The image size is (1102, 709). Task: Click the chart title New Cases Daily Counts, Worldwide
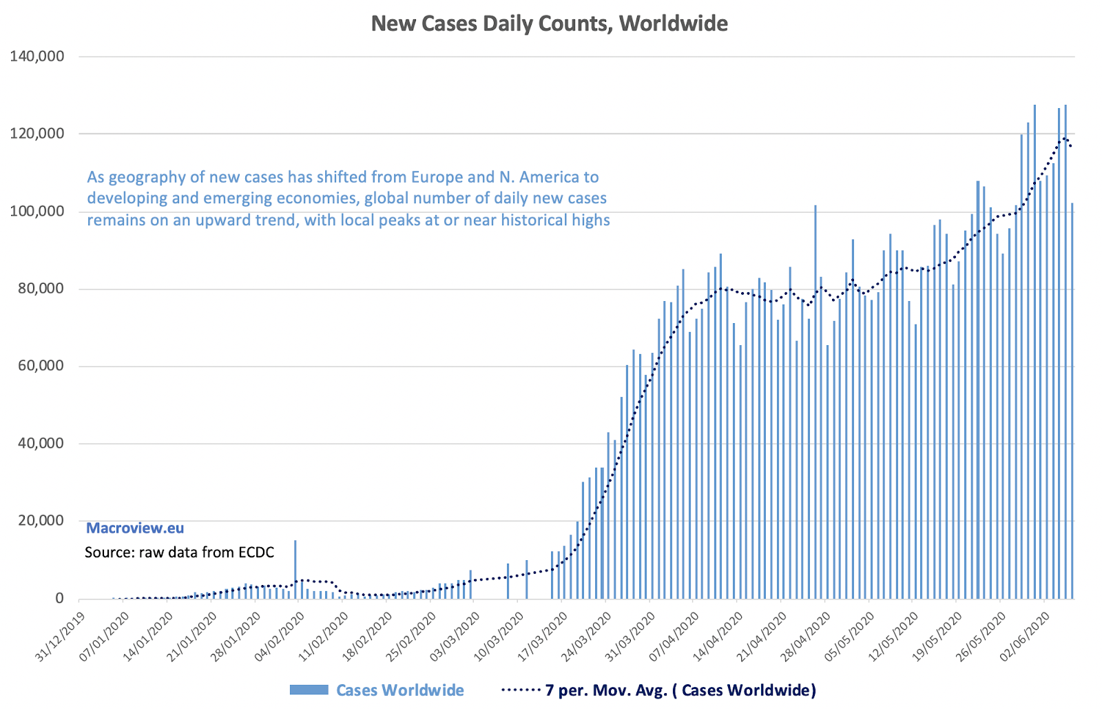pyautogui.click(x=549, y=24)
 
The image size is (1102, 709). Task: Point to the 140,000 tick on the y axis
pyautogui.click(x=37, y=56)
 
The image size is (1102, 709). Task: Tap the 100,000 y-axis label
pyautogui.click(x=37, y=211)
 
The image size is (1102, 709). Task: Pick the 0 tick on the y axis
pyautogui.click(x=59, y=598)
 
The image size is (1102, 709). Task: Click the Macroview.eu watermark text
pyautogui.click(x=135, y=528)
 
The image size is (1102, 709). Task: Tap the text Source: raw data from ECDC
pyautogui.click(x=179, y=552)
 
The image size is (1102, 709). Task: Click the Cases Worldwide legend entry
pyautogui.click(x=399, y=690)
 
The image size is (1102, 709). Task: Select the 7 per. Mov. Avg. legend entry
pyautogui.click(x=680, y=690)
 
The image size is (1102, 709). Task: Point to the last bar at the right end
pyautogui.click(x=1072, y=400)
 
